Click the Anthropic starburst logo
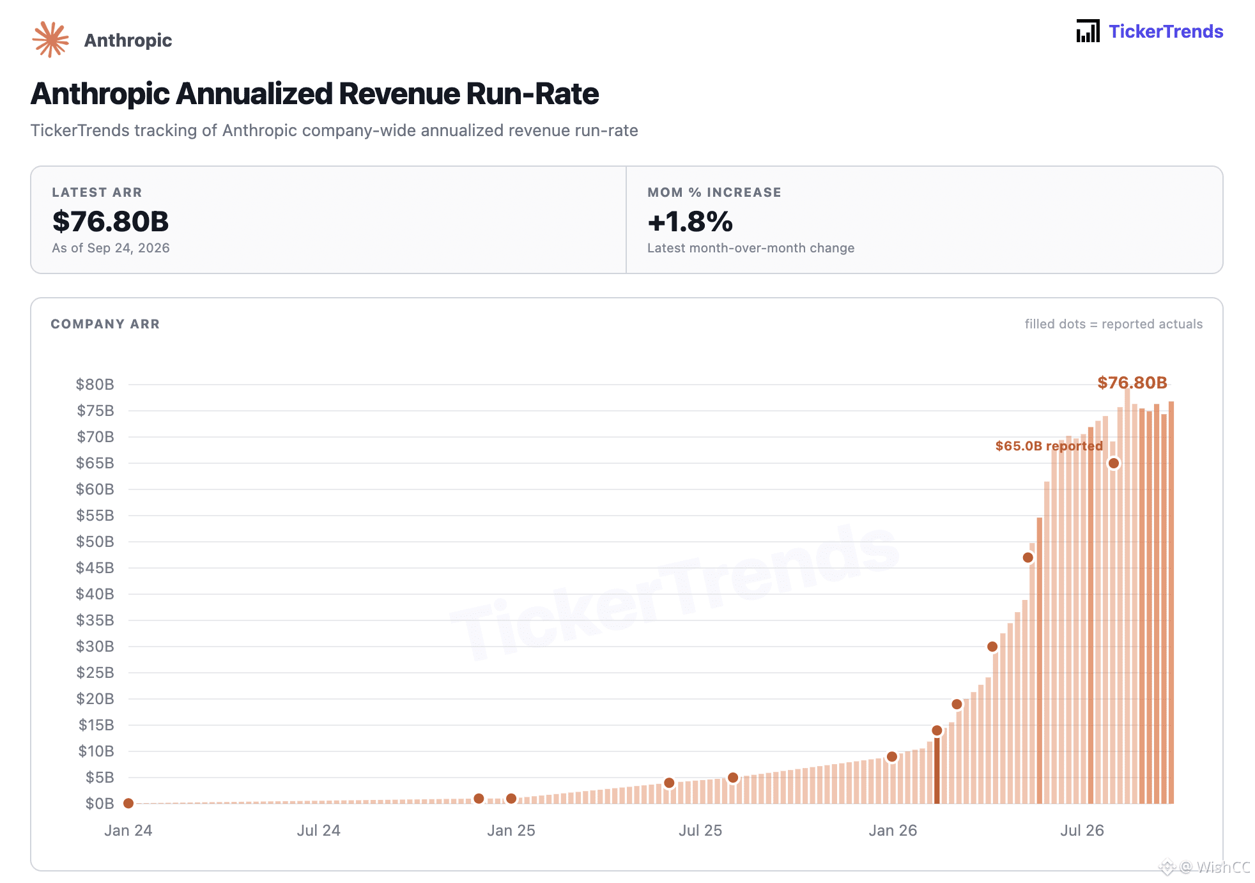pos(50,40)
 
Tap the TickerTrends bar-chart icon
pos(1088,31)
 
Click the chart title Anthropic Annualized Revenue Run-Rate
pos(314,94)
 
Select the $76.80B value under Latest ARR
pos(111,221)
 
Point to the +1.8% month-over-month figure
pos(690,222)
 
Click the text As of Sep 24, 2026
pos(111,248)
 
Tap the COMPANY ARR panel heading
pos(105,324)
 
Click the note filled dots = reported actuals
pos(1114,324)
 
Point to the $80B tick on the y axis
pos(95,384)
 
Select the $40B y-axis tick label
pos(95,594)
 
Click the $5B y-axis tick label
pos(100,777)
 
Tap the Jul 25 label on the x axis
pos(700,830)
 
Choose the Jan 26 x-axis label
pos(893,830)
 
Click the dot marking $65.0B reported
pos(1114,463)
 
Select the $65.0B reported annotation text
pos(1049,446)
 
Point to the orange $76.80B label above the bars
pos(1132,383)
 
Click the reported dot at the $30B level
pos(992,647)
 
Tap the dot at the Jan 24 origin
pos(128,803)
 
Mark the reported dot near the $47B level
pos(1028,558)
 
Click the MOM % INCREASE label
pos(714,192)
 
